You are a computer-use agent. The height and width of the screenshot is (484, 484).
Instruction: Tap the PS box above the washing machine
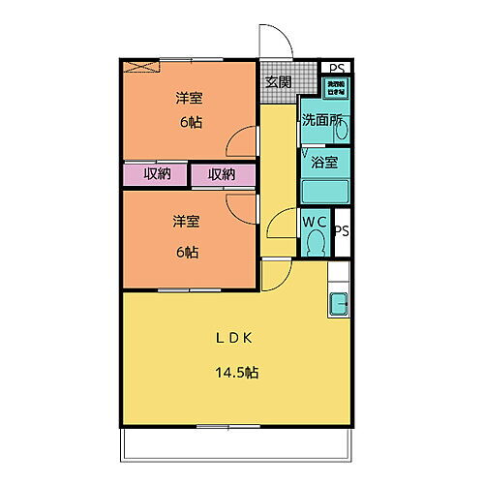click(x=336, y=68)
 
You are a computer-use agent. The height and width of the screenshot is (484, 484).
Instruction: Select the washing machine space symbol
click(x=336, y=86)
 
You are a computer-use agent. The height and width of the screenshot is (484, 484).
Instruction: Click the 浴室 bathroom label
click(x=324, y=162)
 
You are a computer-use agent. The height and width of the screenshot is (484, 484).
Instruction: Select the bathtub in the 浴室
click(x=324, y=190)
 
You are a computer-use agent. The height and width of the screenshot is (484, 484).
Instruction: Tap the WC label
click(x=314, y=222)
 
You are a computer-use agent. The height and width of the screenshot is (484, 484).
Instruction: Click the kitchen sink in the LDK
click(x=340, y=305)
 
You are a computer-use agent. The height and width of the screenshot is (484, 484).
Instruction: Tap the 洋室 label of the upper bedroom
click(x=189, y=98)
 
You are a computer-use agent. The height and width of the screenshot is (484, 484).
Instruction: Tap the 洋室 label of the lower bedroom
click(x=186, y=222)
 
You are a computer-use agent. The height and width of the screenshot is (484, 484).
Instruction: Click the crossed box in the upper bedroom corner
click(x=141, y=68)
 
